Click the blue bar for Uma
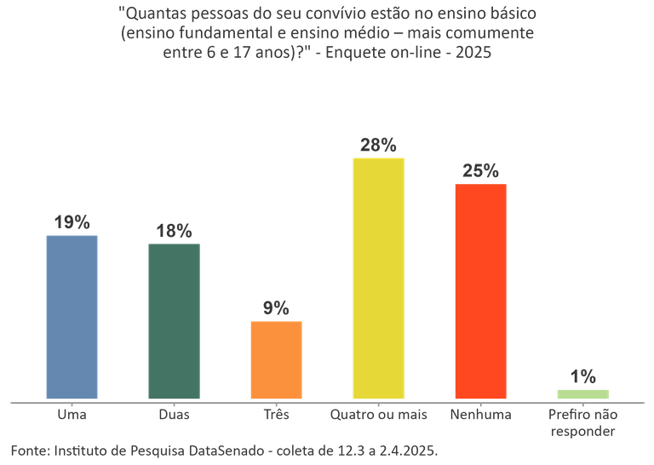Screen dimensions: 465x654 pos(72,316)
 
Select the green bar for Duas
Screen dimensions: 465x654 pos(174,320)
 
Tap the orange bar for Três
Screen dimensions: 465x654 pos(276,359)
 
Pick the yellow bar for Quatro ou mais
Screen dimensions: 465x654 pos(378,278)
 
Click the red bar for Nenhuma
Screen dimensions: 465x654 pos(480,290)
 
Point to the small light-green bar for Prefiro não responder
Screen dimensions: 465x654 pos(582,393)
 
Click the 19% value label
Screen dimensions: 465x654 pos(72,221)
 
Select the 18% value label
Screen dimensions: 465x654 pos(174,231)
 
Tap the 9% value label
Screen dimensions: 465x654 pos(276,307)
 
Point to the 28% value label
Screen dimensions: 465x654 pos(378,145)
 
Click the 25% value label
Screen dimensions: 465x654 pos(480,170)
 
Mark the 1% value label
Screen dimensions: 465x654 pos(582,376)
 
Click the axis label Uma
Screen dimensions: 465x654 pos(72,415)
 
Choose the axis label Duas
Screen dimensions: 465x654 pos(174,415)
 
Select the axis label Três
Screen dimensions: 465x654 pos(276,415)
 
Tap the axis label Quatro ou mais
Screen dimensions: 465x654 pos(378,415)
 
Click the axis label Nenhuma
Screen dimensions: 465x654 pos(480,415)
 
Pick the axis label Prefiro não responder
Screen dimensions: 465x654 pos(582,422)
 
